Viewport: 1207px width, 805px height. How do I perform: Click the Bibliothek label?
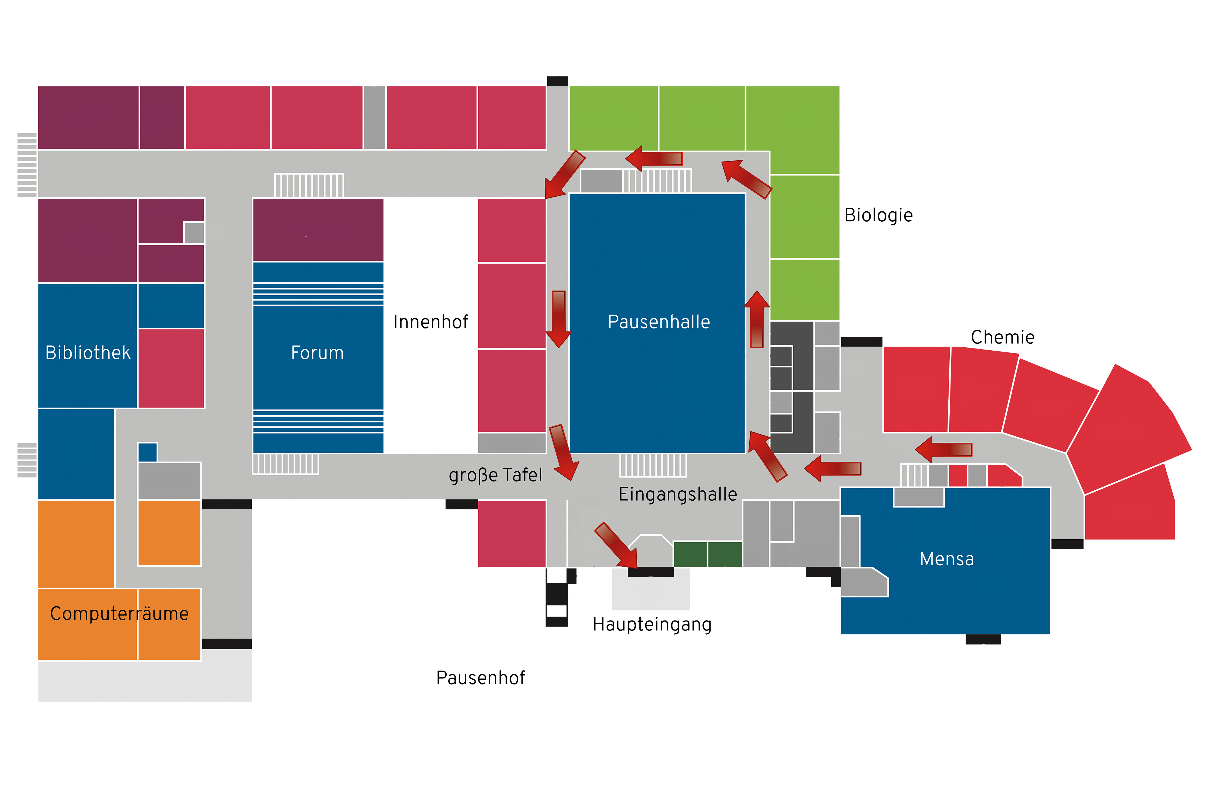88,353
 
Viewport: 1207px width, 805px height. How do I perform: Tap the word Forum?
317,353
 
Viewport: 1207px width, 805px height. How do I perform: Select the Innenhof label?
430,322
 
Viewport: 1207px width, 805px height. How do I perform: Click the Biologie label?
878,215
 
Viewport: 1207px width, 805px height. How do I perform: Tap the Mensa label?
946,559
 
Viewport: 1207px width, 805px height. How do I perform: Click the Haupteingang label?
651,624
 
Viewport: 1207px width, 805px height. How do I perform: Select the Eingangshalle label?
677,494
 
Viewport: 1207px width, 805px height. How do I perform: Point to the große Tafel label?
495,475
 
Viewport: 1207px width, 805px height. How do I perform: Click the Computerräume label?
119,614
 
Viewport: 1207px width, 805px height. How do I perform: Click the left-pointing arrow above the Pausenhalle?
654,158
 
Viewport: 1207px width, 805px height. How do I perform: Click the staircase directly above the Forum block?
309,185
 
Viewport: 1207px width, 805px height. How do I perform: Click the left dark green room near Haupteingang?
689,554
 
